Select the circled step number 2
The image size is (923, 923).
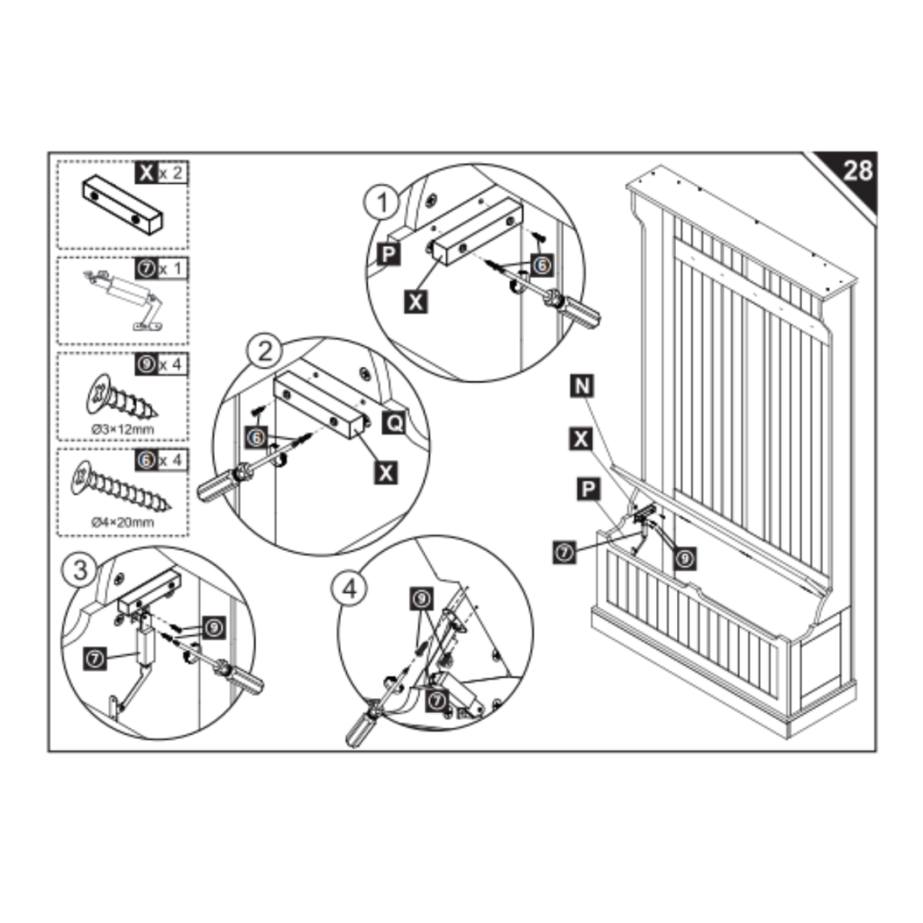264,352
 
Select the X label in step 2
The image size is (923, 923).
386,471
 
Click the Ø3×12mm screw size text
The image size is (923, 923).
123,430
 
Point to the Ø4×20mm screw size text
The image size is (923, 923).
123,522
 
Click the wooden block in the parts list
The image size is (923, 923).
123,206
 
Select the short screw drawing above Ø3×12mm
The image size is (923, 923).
117,397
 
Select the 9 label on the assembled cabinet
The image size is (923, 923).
686,559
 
